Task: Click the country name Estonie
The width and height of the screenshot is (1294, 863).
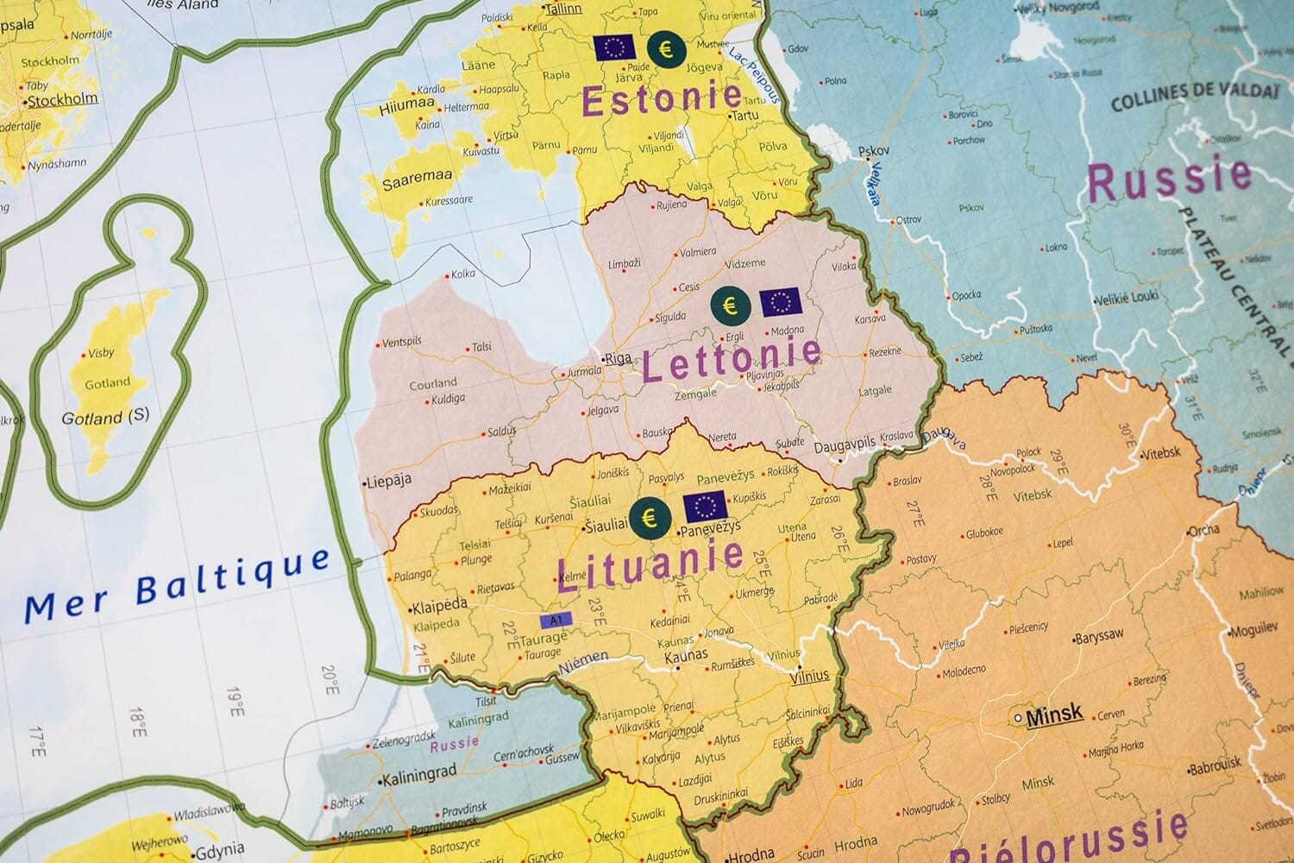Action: tap(662, 98)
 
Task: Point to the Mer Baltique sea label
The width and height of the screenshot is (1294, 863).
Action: tap(177, 585)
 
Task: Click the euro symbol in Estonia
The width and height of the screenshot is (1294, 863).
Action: tap(665, 49)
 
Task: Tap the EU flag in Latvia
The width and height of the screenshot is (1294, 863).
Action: tap(781, 303)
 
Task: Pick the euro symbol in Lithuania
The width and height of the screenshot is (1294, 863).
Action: tap(650, 516)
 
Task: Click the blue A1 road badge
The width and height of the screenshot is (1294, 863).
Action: tap(556, 620)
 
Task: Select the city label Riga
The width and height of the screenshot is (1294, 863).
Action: tap(618, 358)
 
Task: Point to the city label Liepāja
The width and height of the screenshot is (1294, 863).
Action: tap(388, 480)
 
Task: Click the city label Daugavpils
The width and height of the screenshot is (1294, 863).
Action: tap(845, 444)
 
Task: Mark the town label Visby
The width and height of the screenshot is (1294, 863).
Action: tap(101, 354)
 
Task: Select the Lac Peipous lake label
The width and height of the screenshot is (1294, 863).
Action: tap(754, 75)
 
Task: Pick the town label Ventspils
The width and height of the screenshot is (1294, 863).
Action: tap(402, 342)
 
